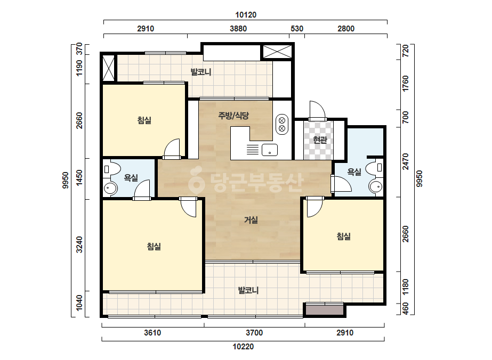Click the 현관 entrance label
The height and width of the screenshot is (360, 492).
[x=320, y=140]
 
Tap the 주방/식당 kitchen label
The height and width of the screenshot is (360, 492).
[x=233, y=116]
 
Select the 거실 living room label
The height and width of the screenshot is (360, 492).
[x=251, y=220]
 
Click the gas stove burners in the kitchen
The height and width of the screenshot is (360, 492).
[x=282, y=124]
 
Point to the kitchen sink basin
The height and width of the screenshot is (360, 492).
[x=270, y=150]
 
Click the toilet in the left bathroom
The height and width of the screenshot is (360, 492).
[x=112, y=169]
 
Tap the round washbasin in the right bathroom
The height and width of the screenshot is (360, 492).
[x=376, y=187]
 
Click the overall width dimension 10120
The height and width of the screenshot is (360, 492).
[x=246, y=15]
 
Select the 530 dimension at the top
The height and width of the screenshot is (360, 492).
[x=297, y=29]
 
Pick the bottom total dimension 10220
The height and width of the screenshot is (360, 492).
[x=243, y=347]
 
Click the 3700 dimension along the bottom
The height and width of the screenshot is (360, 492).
[x=254, y=333]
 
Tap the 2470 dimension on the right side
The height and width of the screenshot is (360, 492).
[x=406, y=161]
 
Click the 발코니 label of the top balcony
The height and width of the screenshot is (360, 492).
[x=201, y=72]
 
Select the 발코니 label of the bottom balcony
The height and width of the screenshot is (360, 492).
[x=248, y=290]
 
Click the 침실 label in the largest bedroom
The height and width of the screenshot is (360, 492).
[x=154, y=247]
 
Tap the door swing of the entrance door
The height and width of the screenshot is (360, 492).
[x=317, y=110]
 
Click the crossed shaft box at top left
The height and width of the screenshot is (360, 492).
[x=109, y=68]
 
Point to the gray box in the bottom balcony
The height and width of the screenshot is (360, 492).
[x=325, y=310]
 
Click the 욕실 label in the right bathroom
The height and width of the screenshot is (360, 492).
[x=354, y=172]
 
